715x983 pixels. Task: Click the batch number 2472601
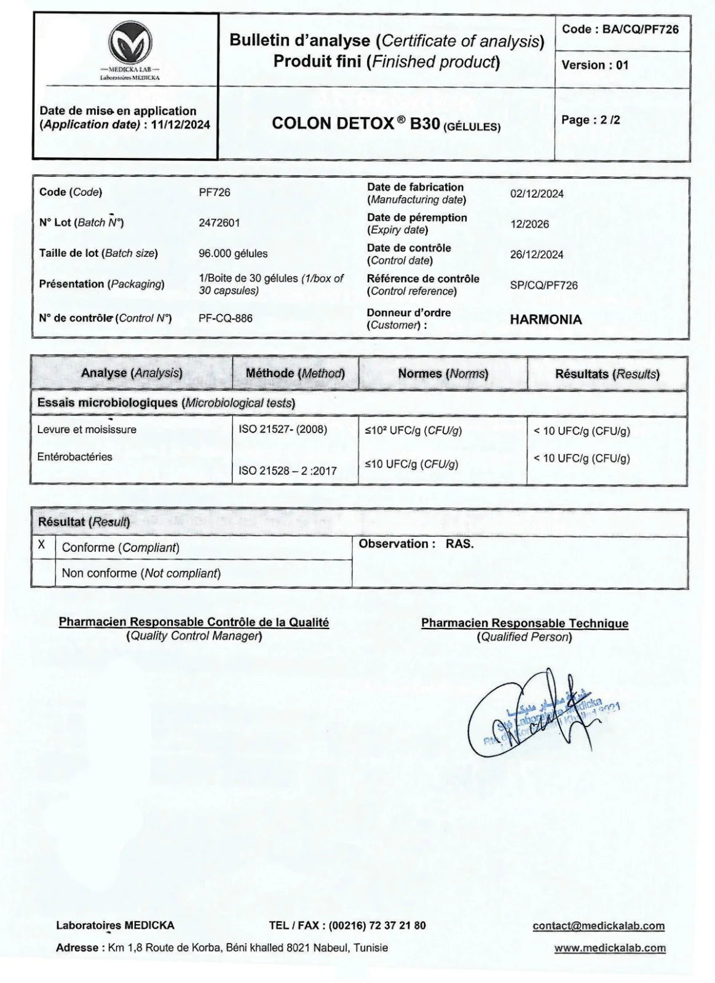pyautogui.click(x=219, y=223)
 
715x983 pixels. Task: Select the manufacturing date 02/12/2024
pyautogui.click(x=537, y=194)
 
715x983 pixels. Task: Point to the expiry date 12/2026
pyautogui.click(x=529, y=224)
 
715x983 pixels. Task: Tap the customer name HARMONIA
pyautogui.click(x=545, y=319)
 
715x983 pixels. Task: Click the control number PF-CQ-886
pyautogui.click(x=225, y=318)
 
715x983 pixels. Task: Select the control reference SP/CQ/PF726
pyautogui.click(x=543, y=286)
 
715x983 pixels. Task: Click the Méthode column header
pyautogui.click(x=295, y=373)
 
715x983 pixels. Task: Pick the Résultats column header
pyautogui.click(x=607, y=374)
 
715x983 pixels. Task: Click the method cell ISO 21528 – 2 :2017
pyautogui.click(x=288, y=471)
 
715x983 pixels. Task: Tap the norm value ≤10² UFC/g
pyautogui.click(x=413, y=431)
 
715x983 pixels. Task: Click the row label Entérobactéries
pyautogui.click(x=75, y=456)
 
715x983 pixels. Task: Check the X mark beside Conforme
pyautogui.click(x=42, y=545)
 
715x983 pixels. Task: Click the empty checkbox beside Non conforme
pyautogui.click(x=43, y=573)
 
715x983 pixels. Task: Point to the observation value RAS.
pyautogui.click(x=460, y=544)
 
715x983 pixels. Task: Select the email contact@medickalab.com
pyautogui.click(x=598, y=926)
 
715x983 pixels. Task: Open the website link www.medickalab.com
pyautogui.click(x=609, y=947)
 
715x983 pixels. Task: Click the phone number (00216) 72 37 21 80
pyautogui.click(x=377, y=925)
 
